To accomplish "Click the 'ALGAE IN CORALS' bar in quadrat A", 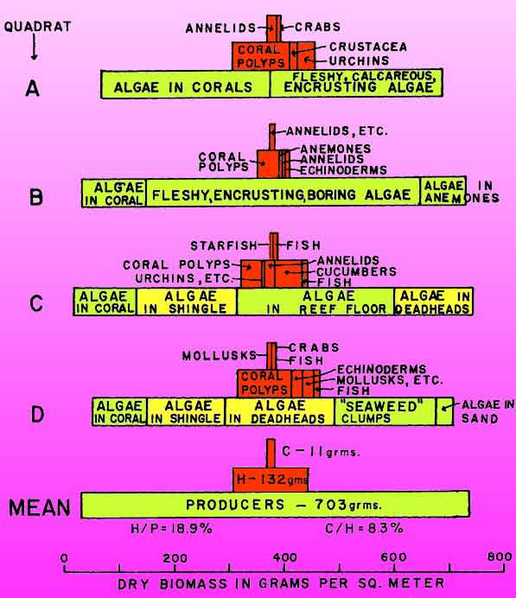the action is pos(185,84).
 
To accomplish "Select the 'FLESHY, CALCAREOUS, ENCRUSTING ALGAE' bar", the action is pos(356,83).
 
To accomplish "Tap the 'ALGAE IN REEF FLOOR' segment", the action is pos(315,302).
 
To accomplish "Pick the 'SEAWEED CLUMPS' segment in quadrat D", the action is pos(385,412).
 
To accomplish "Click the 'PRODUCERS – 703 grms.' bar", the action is pos(276,505).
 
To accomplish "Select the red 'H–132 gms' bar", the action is pos(271,480).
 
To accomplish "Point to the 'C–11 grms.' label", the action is pos(321,452).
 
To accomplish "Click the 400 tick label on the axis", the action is pos(285,557).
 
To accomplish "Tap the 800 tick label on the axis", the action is pos(500,557).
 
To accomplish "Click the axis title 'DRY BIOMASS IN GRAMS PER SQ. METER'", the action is pos(281,583).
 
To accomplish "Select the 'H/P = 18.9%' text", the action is pos(171,529).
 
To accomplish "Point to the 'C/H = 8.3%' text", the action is pos(364,528).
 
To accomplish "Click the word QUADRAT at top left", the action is pos(37,27).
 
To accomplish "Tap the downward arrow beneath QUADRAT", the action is pos(35,47).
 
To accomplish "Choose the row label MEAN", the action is pos(40,507).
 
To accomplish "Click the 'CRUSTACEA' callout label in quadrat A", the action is pos(368,47).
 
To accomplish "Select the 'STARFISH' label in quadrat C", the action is pos(224,246).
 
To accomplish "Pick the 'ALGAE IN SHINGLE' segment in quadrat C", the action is pos(187,302).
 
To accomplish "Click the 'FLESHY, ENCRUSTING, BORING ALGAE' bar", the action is pos(283,193).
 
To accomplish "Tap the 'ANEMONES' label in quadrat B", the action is pos(335,149).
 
